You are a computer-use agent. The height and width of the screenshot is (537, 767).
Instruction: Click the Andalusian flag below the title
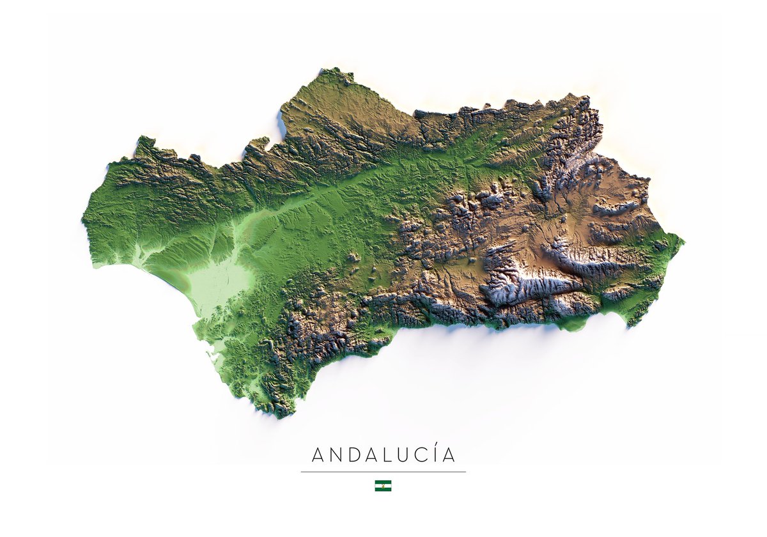click(383, 486)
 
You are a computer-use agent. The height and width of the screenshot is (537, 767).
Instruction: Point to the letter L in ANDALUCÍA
click(391, 455)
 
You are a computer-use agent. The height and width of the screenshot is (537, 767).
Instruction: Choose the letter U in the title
click(407, 455)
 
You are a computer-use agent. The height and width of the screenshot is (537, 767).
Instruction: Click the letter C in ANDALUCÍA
click(424, 455)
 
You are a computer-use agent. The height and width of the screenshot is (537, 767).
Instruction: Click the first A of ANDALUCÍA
click(318, 455)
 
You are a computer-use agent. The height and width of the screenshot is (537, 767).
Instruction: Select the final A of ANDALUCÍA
click(450, 455)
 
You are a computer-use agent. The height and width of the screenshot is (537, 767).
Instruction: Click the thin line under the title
click(383, 472)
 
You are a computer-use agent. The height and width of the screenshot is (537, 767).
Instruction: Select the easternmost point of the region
click(683, 242)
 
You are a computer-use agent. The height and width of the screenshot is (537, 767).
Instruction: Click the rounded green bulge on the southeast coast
click(575, 324)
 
